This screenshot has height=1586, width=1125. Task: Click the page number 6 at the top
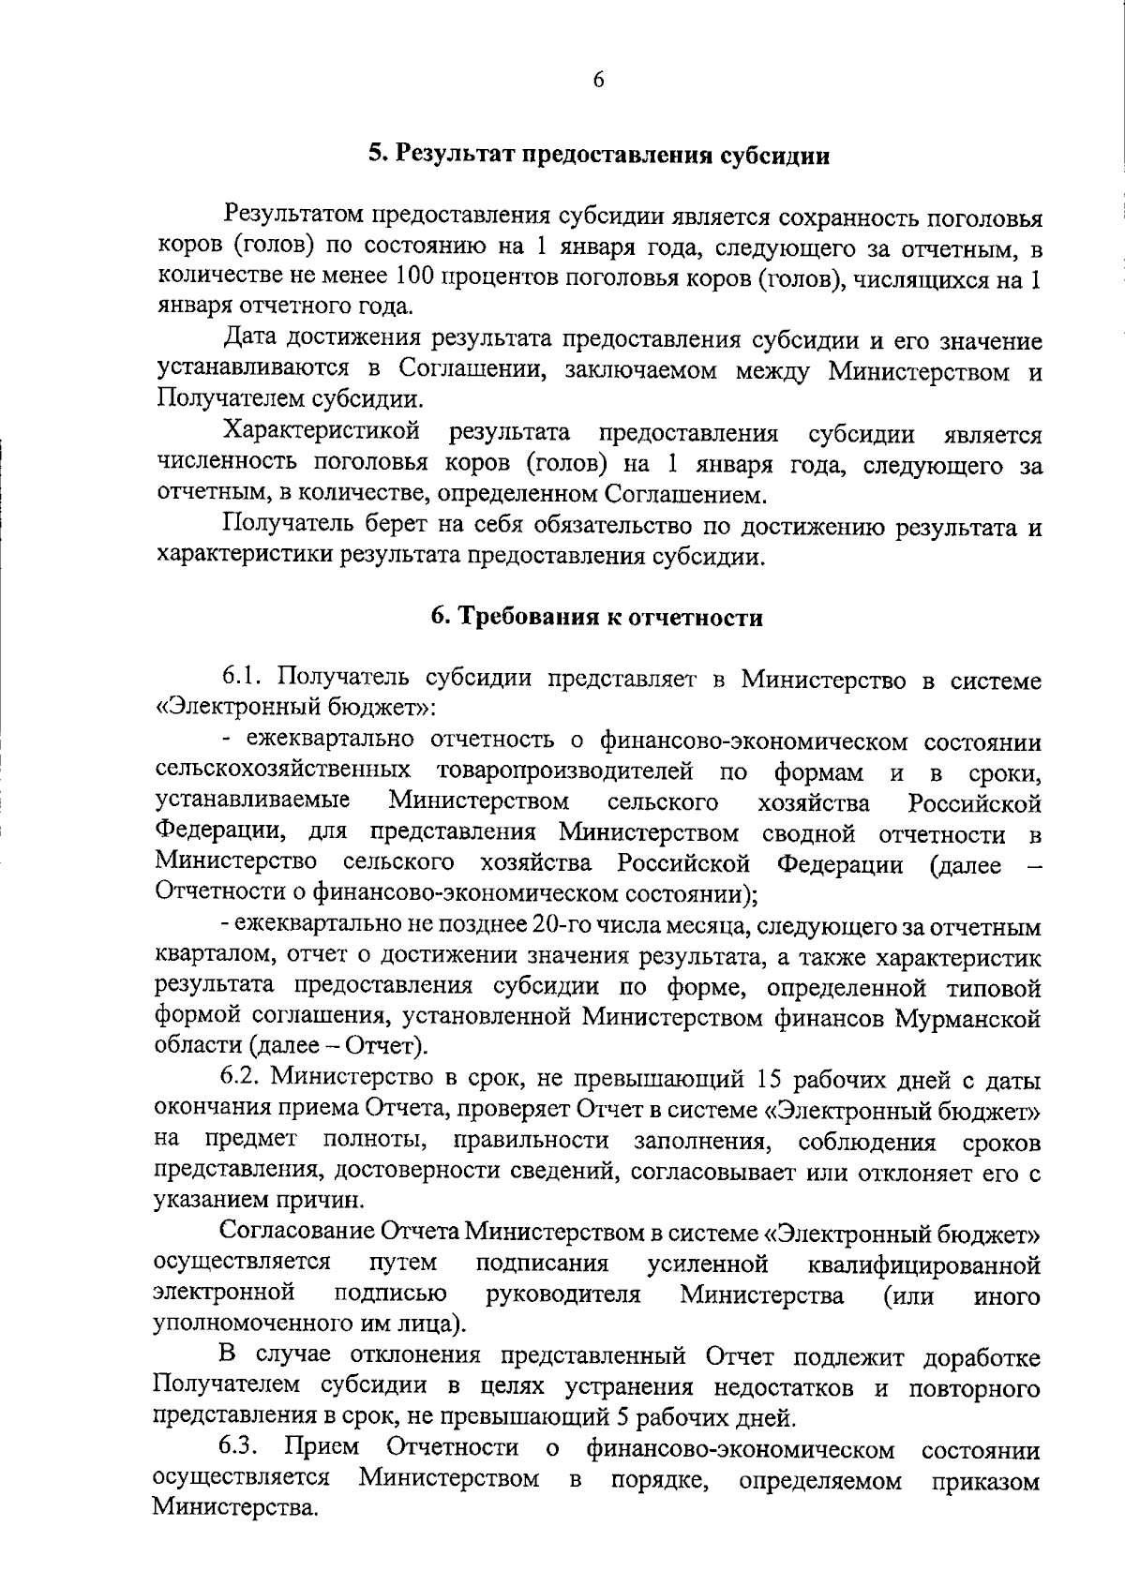(598, 80)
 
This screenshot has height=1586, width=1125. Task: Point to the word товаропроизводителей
(564, 772)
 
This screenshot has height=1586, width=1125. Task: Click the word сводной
(808, 833)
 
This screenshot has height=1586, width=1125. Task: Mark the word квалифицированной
(922, 1265)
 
